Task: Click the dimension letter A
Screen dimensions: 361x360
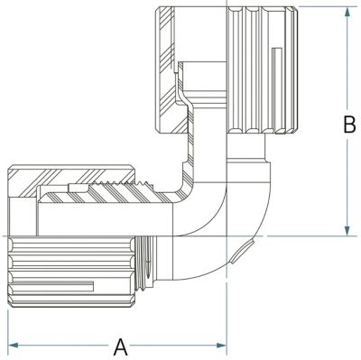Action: tap(121, 346)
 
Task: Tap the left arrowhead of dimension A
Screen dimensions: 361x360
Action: tap(13, 345)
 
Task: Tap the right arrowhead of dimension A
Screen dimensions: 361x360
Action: tap(221, 345)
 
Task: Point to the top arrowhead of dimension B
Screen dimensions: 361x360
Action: tap(347, 12)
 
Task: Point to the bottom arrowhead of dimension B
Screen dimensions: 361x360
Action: tap(347, 231)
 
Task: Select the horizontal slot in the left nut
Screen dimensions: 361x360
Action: tap(51, 286)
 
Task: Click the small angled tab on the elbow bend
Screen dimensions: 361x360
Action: tap(242, 252)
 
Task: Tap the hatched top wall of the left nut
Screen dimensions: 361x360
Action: tap(71, 178)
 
